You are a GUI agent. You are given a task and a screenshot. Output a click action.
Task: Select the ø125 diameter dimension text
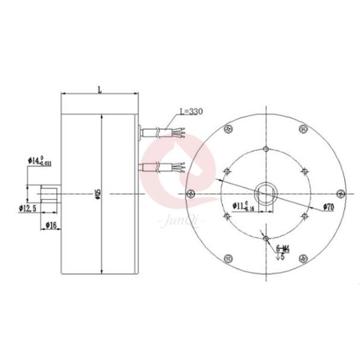(x=98, y=194)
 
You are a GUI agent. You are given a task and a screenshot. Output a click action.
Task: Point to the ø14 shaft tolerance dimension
(x=40, y=161)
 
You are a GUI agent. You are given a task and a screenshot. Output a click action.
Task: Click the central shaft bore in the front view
(x=265, y=193)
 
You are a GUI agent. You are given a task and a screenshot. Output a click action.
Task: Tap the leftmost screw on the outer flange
(x=191, y=193)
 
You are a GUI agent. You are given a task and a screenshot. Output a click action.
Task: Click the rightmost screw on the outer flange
(x=340, y=193)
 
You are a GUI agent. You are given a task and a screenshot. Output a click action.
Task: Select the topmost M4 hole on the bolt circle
(x=265, y=148)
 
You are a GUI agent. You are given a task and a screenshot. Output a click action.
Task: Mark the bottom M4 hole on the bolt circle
(x=265, y=238)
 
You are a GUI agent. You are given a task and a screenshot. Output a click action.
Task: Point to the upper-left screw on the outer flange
(x=228, y=128)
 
